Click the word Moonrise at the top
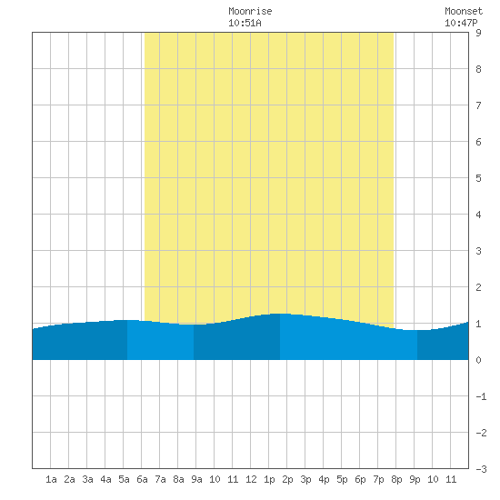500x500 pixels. tap(250, 11)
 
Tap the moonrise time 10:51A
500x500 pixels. tap(245, 23)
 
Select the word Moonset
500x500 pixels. tap(464, 11)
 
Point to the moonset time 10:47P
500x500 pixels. tap(461, 23)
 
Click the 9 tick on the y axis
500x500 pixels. tap(478, 33)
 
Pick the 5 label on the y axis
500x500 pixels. tap(478, 178)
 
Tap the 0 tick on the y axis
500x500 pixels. tap(478, 360)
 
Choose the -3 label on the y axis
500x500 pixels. tap(481, 469)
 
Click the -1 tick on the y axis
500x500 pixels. tap(481, 396)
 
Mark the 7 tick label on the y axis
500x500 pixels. tap(478, 105)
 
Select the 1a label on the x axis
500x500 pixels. tap(51, 479)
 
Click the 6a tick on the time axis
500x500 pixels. tap(142, 479)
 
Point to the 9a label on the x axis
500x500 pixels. tap(196, 479)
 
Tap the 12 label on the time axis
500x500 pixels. tap(251, 479)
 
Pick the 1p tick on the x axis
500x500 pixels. tap(269, 479)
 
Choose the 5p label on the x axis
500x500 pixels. tap(342, 479)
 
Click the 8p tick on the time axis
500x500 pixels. tap(396, 479)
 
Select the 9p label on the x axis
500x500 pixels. tap(415, 479)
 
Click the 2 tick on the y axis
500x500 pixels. tap(478, 287)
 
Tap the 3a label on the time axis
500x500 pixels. tap(87, 479)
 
